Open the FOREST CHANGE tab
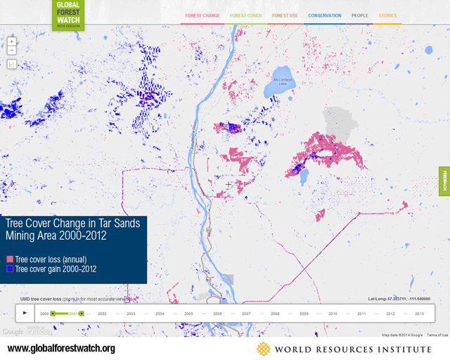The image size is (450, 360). click(202, 15)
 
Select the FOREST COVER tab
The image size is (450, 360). click(245, 15)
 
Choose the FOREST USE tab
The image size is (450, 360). click(285, 15)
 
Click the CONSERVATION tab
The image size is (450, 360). click(324, 15)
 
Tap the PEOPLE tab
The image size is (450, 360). click(360, 15)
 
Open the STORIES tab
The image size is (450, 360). click(387, 15)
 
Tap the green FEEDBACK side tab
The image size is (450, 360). click(444, 181)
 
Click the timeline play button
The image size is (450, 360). click(25, 313)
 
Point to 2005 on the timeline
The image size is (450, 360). click(188, 313)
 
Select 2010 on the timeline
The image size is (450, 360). click(333, 313)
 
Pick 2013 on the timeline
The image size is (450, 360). click(419, 313)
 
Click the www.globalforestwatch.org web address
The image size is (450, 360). click(61, 349)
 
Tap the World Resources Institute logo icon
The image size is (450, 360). click(263, 349)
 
